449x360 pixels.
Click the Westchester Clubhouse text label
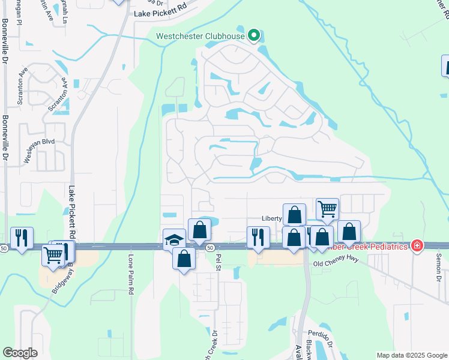coord(200,36)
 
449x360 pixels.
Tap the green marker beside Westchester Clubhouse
coord(254,35)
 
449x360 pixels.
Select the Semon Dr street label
coord(438,265)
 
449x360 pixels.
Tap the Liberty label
coord(271,219)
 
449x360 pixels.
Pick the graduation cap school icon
coord(173,239)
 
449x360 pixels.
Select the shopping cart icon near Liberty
coord(327,209)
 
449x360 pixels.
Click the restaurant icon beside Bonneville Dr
coord(22,238)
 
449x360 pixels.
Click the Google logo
coord(19,353)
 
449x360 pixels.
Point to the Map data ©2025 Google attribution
coord(411,355)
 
